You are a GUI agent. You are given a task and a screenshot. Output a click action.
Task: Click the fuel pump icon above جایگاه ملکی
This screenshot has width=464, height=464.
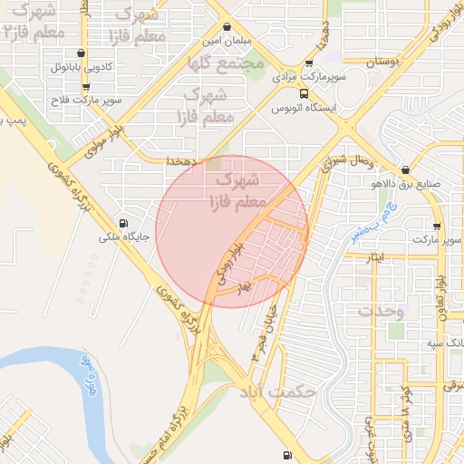[x=123, y=223]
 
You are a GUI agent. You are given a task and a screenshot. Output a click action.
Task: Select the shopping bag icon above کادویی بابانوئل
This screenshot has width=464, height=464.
[x=82, y=53]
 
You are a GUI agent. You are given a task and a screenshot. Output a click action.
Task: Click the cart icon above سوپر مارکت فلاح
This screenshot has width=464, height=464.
[x=86, y=88]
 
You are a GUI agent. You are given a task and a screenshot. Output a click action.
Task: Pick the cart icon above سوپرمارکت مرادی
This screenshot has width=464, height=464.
[x=309, y=63]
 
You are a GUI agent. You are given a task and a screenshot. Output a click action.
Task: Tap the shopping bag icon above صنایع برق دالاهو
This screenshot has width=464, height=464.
[x=404, y=170]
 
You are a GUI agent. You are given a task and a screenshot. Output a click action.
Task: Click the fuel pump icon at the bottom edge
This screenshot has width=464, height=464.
[x=287, y=455]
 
